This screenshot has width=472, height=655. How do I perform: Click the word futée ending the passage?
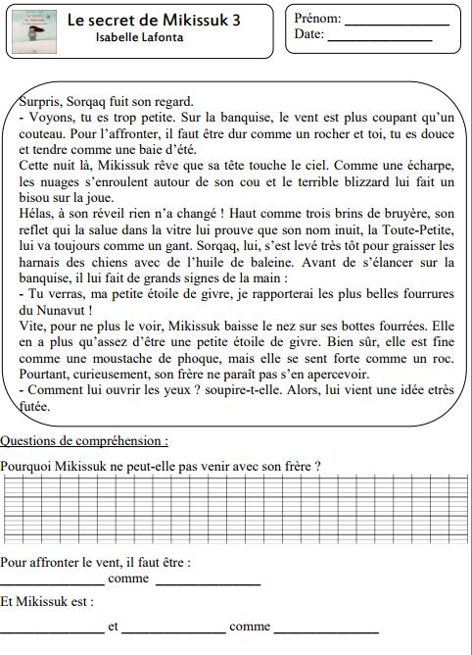[34, 405]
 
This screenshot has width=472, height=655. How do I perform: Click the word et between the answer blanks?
[113, 626]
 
